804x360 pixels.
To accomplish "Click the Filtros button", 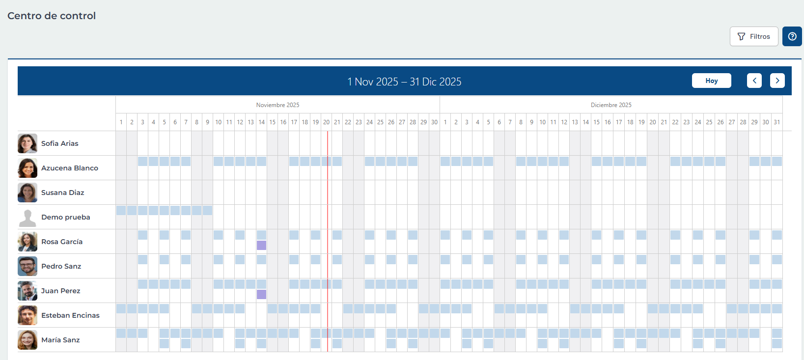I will [x=754, y=36].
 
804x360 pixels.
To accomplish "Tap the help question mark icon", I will [x=792, y=36].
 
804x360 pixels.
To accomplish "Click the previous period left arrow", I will [x=754, y=81].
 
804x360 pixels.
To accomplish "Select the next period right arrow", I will [x=777, y=81].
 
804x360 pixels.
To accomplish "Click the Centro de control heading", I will [x=52, y=16].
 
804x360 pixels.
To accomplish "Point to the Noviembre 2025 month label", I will [x=277, y=105].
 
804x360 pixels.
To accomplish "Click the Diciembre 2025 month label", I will [x=611, y=105].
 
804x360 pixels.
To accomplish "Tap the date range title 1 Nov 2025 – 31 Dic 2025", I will [x=404, y=82].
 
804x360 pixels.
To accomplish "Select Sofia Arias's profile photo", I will [x=28, y=143].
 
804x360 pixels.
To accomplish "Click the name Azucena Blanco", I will [x=70, y=168].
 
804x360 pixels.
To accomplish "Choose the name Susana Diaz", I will [x=62, y=193].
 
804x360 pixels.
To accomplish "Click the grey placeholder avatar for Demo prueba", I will [x=28, y=218].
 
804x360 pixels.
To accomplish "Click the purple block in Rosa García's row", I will [x=261, y=245].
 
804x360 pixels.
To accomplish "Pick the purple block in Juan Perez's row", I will [x=261, y=294].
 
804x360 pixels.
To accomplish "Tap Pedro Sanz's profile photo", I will [x=28, y=266].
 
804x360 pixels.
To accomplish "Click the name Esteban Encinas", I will [x=70, y=315].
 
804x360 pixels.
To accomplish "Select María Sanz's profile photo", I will [x=28, y=340].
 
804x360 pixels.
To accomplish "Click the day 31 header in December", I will [x=776, y=122].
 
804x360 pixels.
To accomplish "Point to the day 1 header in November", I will [x=121, y=122].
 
